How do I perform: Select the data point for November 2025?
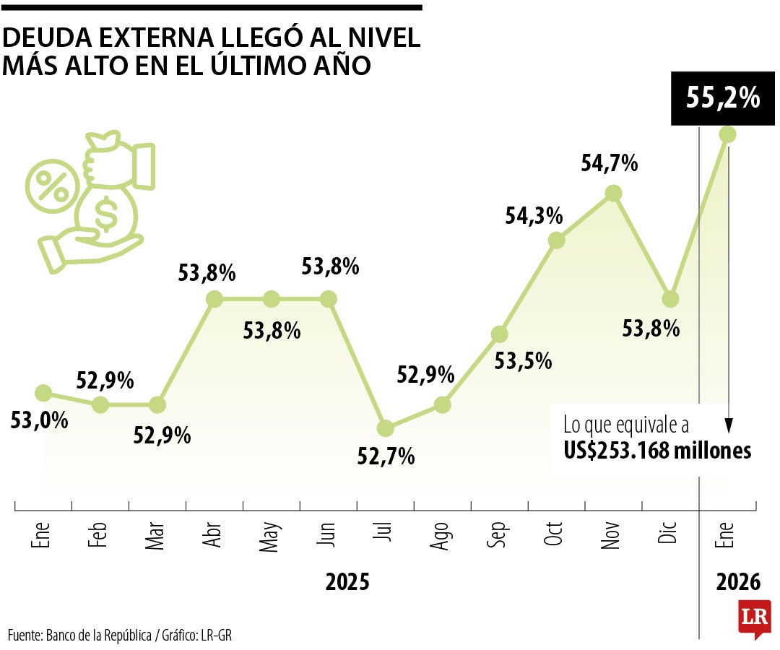pyautogui.click(x=613, y=193)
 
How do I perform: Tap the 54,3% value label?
pyautogui.click(x=534, y=215)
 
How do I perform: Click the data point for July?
pyautogui.click(x=385, y=428)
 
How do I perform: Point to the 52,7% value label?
pyautogui.click(x=386, y=456)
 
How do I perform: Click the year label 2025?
pyautogui.click(x=347, y=582)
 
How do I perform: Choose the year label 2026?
pyautogui.click(x=738, y=582)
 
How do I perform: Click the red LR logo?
pyautogui.click(x=754, y=618)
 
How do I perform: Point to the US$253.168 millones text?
pyautogui.click(x=657, y=451)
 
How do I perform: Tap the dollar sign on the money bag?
pyautogui.click(x=107, y=213)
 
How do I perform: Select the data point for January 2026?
pyautogui.click(x=727, y=134)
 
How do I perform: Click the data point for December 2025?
pyautogui.click(x=670, y=299)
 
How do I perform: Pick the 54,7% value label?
pyautogui.click(x=610, y=164)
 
